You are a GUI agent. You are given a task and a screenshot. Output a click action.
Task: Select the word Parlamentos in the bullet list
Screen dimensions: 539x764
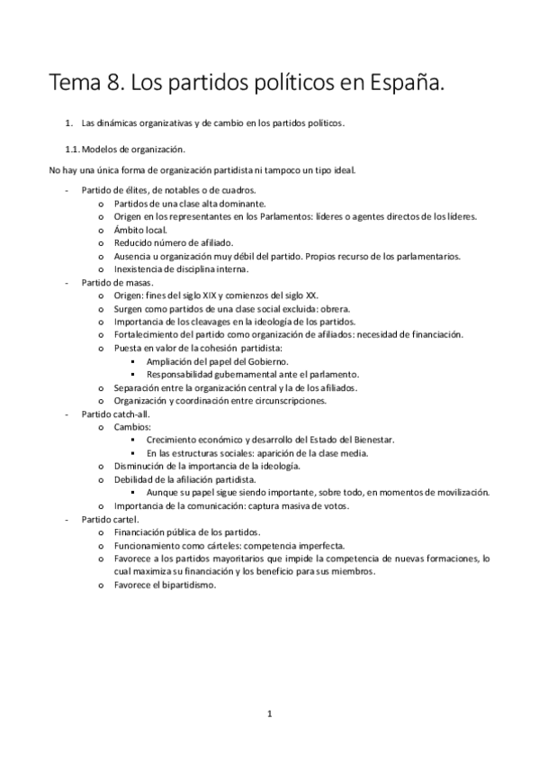[264, 216]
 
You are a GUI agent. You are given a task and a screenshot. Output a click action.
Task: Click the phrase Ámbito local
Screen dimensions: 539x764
[137, 230]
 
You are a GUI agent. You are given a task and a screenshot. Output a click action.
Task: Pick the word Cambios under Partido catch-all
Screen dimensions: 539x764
[132, 426]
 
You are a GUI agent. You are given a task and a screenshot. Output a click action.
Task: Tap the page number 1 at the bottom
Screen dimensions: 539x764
[269, 714]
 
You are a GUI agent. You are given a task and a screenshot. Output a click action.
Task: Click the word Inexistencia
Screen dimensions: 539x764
[140, 269]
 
